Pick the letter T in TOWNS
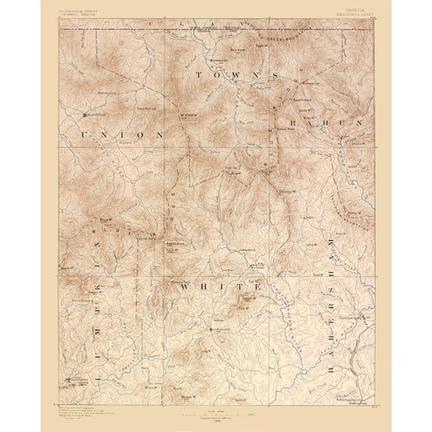(199, 76)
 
